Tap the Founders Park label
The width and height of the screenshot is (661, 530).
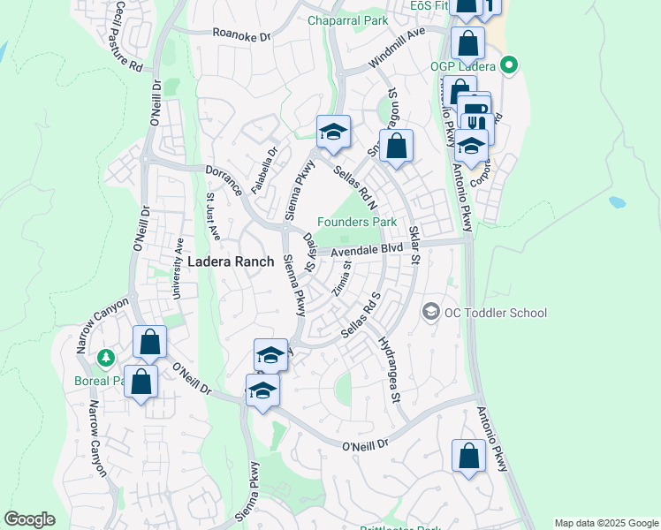point(357,223)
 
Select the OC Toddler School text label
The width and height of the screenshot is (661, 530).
point(496,313)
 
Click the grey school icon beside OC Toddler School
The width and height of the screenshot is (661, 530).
point(430,312)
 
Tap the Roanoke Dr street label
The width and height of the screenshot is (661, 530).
point(241,34)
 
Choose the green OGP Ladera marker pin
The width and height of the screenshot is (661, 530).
point(508,64)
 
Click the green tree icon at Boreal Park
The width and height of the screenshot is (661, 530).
point(107,358)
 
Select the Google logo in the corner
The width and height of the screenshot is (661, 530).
point(29,519)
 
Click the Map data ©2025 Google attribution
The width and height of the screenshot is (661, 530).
point(606,523)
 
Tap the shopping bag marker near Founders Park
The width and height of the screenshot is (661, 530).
point(398,146)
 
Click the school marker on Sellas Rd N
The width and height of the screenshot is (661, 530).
point(333,132)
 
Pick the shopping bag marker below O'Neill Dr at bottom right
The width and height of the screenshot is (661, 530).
point(468,456)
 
